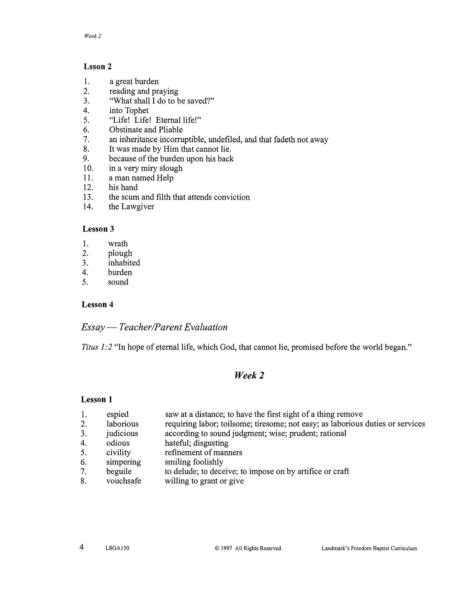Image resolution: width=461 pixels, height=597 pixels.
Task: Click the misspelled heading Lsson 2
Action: coord(98,66)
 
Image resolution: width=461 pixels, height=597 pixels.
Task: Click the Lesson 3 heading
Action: coord(98,229)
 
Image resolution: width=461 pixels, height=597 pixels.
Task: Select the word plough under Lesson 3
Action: coord(120,253)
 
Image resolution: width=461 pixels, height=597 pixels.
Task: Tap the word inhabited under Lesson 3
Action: coord(124,263)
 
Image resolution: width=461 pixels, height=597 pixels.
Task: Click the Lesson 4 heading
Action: coord(97,305)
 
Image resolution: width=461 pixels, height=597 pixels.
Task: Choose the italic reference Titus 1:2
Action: coord(97,347)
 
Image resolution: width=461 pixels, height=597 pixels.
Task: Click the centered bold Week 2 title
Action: coord(249,375)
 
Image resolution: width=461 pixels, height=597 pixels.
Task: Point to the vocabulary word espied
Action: coord(117,414)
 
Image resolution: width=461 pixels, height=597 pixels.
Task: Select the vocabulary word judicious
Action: coord(122,434)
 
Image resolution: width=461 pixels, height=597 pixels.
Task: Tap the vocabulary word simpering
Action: coord(123,462)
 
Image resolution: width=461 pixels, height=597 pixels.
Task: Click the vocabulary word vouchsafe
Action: coord(124,481)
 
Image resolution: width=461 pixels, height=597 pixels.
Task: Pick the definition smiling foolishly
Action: coord(194,462)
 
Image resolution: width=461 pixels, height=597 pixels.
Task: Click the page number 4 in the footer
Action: coord(82,547)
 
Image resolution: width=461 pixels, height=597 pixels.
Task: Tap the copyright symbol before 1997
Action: coord(217,548)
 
